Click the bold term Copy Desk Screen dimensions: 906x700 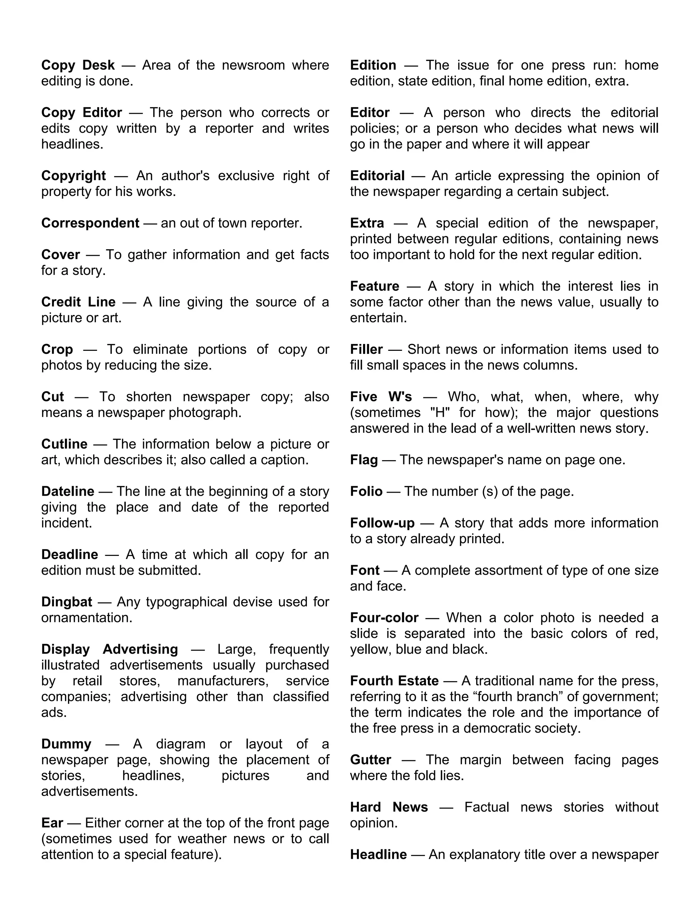coord(78,65)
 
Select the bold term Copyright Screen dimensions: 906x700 coord(73,175)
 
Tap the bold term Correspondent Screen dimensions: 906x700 coord(90,223)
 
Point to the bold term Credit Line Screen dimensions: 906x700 coord(78,302)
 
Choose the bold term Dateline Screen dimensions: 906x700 coord(68,491)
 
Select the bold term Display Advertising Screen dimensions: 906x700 coord(109,649)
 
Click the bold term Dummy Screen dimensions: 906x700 coord(66,744)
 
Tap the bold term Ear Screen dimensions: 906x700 coord(52,823)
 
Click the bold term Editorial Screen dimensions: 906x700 coord(377,175)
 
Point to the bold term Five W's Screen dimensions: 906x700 coord(381,397)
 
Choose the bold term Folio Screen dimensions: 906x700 coord(366,491)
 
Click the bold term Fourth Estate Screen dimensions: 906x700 coord(394,681)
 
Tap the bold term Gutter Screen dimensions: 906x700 coord(370,760)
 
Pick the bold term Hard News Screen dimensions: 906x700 coord(389,807)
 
